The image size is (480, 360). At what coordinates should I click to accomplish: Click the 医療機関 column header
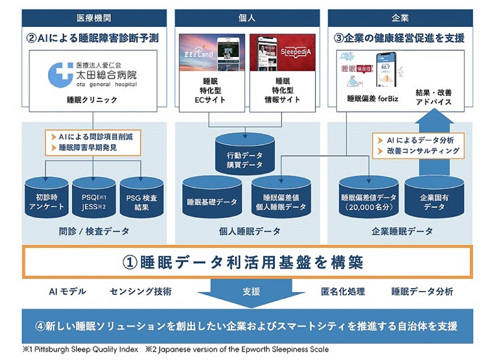tap(90, 19)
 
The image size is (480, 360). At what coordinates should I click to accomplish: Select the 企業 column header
tap(398, 19)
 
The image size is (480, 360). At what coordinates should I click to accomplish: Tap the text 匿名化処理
tap(343, 292)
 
